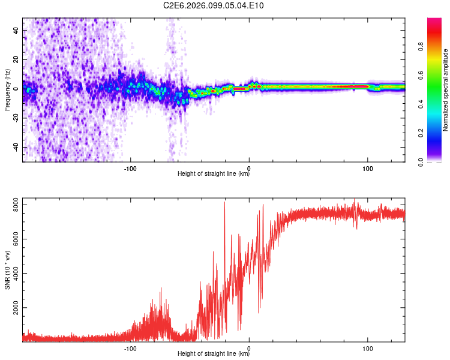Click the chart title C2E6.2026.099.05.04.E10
coord(214,6)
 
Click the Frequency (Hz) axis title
coord(7,90)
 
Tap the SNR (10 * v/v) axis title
coord(7,269)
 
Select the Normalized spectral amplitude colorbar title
coord(446,90)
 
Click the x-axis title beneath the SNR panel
coord(214,354)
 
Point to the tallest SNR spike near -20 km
coord(224,203)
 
